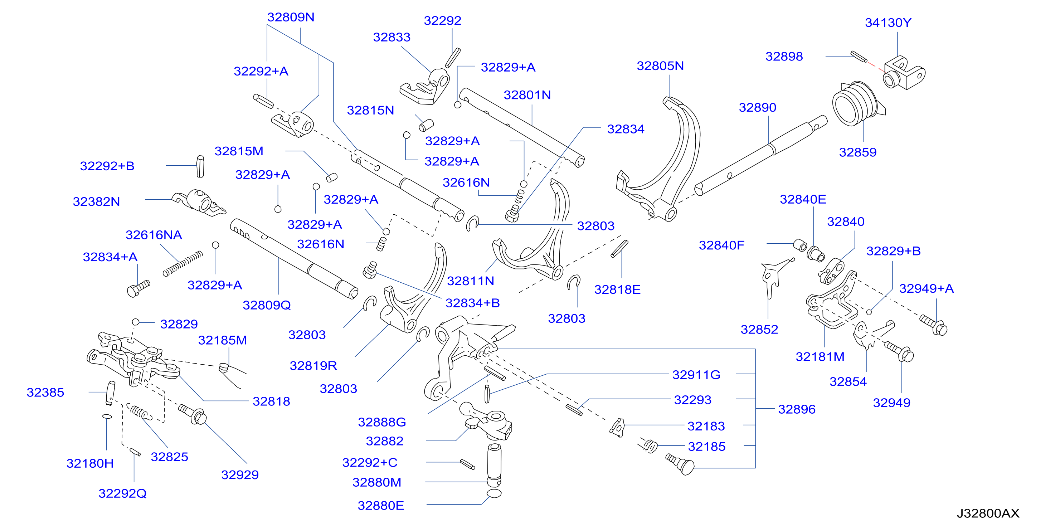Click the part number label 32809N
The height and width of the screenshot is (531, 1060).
[291, 17]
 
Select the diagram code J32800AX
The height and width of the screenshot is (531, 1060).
[988, 513]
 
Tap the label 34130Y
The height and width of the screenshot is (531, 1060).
[888, 23]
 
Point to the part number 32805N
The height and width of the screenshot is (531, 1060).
[660, 66]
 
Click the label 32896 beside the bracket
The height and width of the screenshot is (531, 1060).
[797, 409]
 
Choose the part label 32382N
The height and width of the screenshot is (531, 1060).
[96, 201]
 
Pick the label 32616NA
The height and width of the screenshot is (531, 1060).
[154, 235]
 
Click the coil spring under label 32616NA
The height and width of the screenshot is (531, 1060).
[183, 264]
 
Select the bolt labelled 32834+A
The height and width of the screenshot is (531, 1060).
[138, 288]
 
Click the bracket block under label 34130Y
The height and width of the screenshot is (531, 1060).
[904, 73]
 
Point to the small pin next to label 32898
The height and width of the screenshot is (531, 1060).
[859, 56]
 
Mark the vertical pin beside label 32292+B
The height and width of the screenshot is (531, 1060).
[200, 167]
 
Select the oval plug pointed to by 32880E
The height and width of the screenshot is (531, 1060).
[494, 493]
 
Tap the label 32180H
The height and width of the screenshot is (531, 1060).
[90, 463]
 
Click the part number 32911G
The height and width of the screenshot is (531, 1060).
[696, 375]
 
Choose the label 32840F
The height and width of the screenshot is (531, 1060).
[721, 245]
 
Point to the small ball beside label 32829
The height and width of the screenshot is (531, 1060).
[136, 322]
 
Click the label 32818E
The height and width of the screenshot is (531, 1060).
[617, 289]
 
